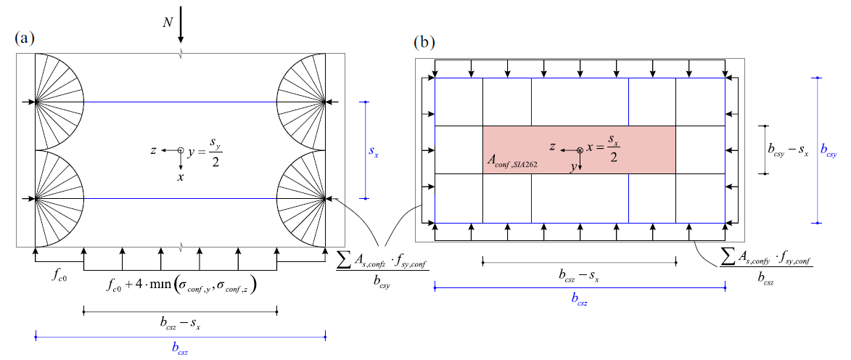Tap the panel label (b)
[x=424, y=42]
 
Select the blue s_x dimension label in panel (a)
[x=374, y=153]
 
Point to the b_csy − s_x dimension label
[x=790, y=150]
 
